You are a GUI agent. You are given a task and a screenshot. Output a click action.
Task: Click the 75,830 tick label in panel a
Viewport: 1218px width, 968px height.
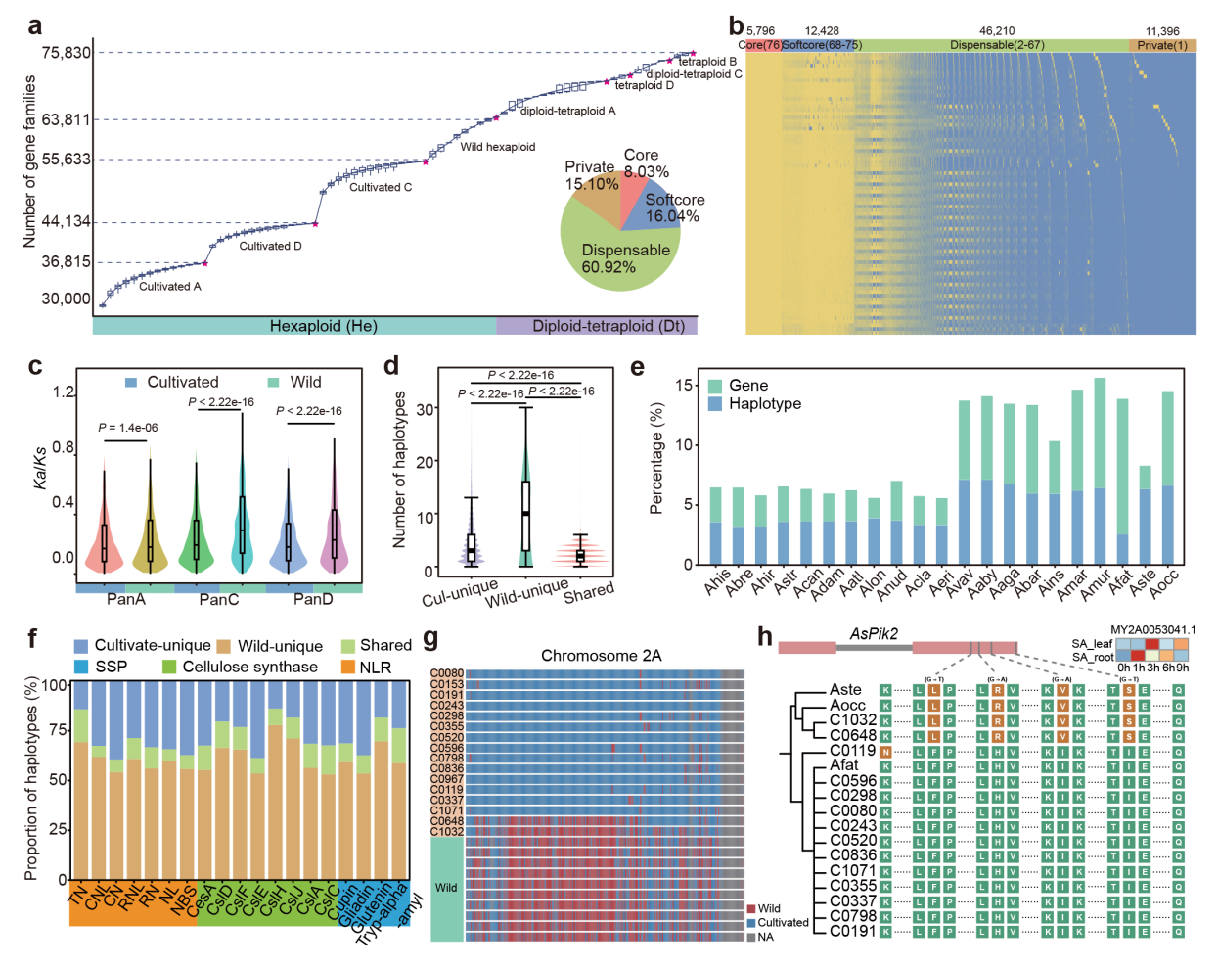click(x=66, y=53)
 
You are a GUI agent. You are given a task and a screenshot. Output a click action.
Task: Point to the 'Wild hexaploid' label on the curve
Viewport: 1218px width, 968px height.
click(x=498, y=147)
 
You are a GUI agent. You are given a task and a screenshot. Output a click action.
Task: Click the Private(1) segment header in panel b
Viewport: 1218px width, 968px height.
click(x=1162, y=45)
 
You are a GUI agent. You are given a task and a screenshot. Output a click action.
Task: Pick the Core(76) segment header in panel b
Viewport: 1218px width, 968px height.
click(x=760, y=45)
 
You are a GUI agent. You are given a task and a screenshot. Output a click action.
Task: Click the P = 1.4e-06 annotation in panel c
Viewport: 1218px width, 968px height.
click(x=127, y=428)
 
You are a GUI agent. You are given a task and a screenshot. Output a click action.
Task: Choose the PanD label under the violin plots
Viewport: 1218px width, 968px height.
click(x=313, y=599)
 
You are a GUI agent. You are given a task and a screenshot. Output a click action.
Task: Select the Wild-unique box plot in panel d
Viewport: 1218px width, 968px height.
click(x=525, y=516)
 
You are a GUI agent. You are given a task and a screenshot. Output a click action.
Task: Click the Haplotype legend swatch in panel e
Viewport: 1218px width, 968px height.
click(x=716, y=404)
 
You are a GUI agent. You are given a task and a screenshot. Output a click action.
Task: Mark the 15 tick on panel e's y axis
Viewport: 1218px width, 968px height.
click(x=684, y=386)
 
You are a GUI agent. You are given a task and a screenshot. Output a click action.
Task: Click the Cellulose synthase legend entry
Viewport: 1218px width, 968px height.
click(x=239, y=668)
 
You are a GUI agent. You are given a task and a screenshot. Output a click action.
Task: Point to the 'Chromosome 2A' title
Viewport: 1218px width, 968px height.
click(x=601, y=656)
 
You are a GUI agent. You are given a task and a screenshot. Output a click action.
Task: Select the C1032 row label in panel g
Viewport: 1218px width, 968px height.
click(x=447, y=832)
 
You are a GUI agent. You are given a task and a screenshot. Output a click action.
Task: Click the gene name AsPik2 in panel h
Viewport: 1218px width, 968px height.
click(x=874, y=634)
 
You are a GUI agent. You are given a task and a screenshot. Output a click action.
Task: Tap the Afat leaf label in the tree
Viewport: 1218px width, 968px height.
click(x=844, y=765)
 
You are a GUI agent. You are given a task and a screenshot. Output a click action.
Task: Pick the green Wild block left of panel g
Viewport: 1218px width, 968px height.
click(x=447, y=888)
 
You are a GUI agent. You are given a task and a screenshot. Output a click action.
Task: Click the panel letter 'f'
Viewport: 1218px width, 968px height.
click(x=32, y=639)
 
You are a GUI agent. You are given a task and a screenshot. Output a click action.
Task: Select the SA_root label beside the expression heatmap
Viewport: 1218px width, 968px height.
click(x=1092, y=657)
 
